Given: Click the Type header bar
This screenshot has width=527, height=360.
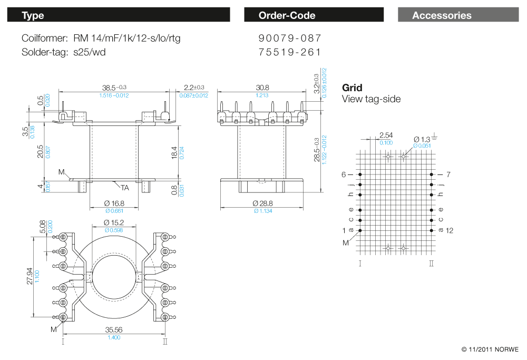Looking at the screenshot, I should point(118,15).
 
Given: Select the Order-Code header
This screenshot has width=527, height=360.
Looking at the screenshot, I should point(314,15).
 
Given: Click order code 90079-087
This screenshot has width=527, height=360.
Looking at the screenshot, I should point(290,38).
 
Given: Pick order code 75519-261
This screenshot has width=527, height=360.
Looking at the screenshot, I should point(290,52).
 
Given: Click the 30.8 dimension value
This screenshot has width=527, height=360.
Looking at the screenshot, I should point(262,87).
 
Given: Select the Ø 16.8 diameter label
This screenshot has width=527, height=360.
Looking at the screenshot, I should point(114,203).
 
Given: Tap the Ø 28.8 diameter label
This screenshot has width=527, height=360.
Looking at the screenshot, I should point(262,203).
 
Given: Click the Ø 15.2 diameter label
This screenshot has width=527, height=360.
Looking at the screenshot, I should point(114,222).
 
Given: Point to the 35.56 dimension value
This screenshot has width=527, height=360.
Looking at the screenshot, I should point(114,330).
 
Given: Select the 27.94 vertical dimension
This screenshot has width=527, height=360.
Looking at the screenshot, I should point(30,275).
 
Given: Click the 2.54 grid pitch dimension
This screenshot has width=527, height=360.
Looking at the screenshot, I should point(386,135).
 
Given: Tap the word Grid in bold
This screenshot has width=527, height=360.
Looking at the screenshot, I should point(352,88).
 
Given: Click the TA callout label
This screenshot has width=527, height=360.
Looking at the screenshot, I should point(124,188).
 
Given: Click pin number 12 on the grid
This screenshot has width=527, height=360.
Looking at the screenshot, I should point(449,230).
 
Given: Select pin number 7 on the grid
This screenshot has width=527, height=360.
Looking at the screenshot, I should point(448,174).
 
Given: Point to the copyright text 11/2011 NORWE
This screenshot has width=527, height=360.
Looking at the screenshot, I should point(490,349).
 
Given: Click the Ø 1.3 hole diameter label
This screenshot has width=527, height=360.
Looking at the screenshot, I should point(422,138).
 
